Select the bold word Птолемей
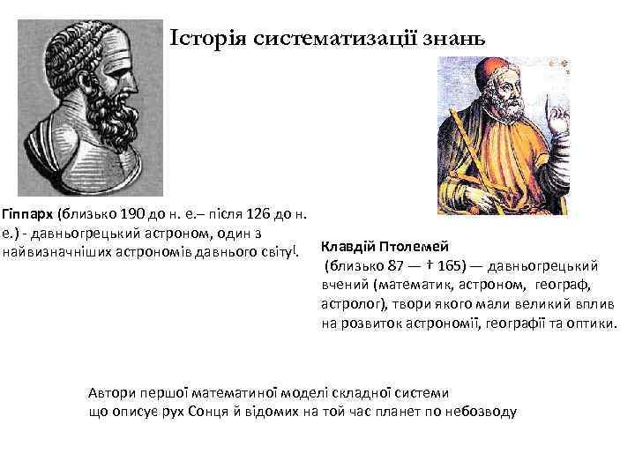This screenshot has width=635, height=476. click(419, 246)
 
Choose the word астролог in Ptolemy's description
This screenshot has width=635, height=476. click(349, 304)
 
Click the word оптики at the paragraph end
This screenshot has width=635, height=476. click(594, 324)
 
